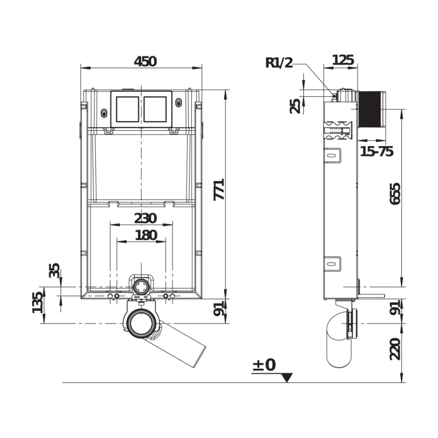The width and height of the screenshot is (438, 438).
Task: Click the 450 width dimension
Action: pyautogui.click(x=145, y=61)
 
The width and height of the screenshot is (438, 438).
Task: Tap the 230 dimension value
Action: pyautogui.click(x=145, y=218)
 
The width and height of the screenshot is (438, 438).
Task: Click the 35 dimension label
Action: pyautogui.click(x=53, y=270)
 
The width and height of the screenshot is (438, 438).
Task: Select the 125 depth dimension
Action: pyautogui.click(x=343, y=60)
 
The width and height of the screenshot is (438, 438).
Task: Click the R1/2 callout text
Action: pyautogui.click(x=279, y=63)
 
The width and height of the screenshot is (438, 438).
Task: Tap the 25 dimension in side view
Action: pyautogui.click(x=295, y=105)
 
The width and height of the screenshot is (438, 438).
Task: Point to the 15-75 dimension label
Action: pyautogui.click(x=376, y=151)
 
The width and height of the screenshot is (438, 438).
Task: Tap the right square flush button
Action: pyautogui.click(x=155, y=108)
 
